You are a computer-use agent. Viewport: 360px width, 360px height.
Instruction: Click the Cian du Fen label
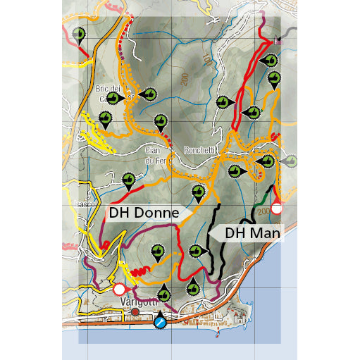click(153, 155)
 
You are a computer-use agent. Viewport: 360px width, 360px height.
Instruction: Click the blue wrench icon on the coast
click(161, 323)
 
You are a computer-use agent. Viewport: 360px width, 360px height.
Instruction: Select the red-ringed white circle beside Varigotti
click(119, 289)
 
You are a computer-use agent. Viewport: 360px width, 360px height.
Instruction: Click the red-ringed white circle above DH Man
click(278, 209)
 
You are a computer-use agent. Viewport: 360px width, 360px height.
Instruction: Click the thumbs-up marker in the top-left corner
click(79, 33)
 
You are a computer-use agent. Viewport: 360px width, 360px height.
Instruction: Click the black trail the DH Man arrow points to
click(213, 236)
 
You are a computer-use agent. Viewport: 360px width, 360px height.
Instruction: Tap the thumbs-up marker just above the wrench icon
click(163, 292)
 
